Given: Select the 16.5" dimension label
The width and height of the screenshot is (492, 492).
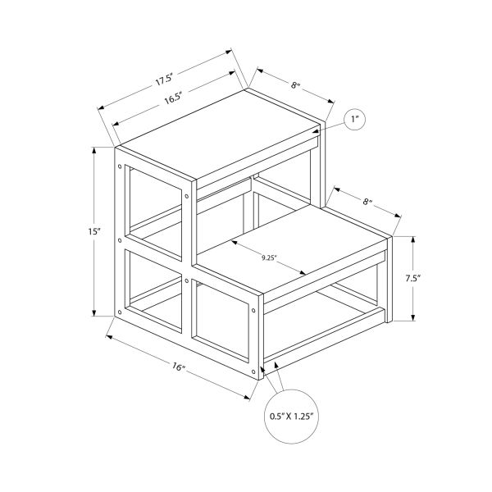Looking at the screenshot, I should [172, 97].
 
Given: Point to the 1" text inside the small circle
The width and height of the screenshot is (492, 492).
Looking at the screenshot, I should [355, 120].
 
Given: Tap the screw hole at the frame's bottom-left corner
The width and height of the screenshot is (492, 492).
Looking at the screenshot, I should [122, 312].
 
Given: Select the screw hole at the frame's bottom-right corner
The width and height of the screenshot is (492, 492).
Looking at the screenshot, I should [254, 312].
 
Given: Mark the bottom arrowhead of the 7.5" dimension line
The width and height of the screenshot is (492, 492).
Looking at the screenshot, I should [412, 319].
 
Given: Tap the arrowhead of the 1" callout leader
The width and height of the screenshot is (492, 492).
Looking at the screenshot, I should [314, 129].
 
